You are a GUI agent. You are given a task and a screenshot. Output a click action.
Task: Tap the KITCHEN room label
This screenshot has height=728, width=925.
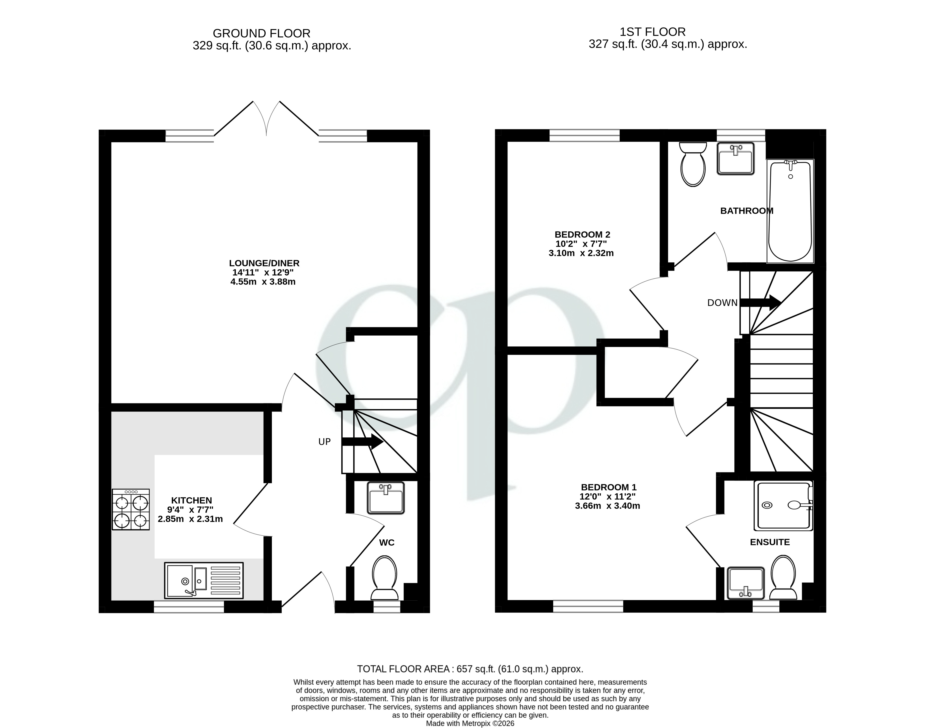tap(191, 500)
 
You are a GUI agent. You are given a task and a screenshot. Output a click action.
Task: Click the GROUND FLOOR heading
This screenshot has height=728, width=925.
tap(261, 33)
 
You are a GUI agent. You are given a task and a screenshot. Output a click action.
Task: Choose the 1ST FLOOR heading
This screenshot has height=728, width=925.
tap(652, 32)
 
